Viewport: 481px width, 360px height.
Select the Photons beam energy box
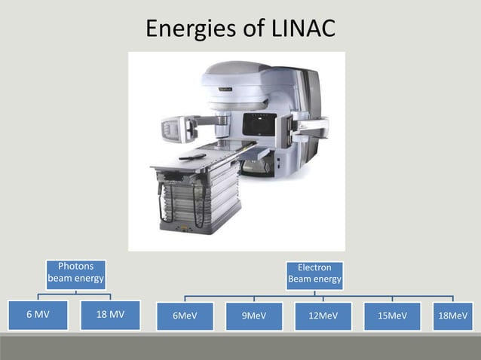[x=75, y=273]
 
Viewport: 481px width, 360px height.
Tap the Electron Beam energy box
[x=314, y=273]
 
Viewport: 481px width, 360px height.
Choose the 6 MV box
[x=38, y=315]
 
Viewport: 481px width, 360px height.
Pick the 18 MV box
[x=111, y=315]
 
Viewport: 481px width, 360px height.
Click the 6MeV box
[x=185, y=316]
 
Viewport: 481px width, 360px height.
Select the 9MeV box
[x=254, y=316]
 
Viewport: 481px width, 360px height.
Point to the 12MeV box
[x=323, y=316]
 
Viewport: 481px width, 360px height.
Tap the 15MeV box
[x=393, y=316]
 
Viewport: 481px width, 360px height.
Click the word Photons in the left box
[x=75, y=267]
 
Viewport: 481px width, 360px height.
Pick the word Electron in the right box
[x=314, y=267]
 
